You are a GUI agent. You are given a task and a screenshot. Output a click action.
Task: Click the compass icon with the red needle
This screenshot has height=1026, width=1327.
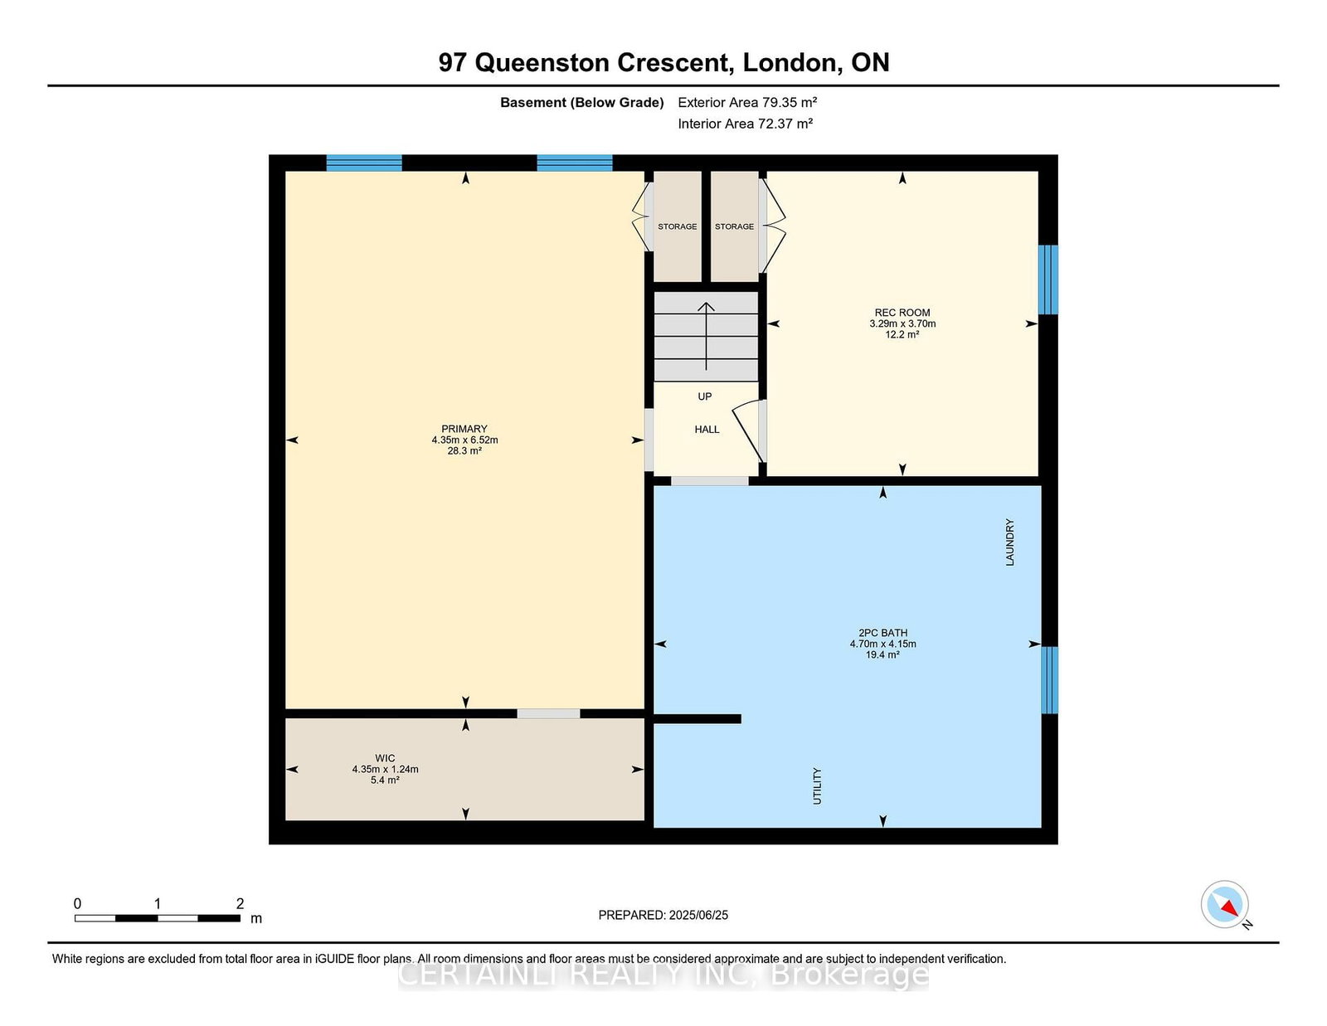click(1224, 904)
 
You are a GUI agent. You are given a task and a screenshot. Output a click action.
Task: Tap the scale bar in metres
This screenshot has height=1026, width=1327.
click(158, 918)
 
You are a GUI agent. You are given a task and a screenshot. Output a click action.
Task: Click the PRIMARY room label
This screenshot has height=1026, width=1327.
click(464, 429)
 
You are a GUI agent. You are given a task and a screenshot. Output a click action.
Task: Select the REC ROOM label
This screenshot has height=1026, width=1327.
click(902, 313)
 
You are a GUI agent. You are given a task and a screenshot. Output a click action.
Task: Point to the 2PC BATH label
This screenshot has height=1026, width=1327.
click(882, 633)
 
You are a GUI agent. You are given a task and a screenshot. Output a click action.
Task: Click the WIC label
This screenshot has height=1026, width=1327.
click(385, 758)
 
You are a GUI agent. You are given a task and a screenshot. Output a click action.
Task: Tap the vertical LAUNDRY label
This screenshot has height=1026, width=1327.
click(1009, 542)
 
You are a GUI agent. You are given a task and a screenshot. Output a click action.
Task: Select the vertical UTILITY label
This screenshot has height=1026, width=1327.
click(817, 786)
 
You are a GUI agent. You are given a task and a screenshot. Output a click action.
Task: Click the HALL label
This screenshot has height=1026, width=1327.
click(707, 430)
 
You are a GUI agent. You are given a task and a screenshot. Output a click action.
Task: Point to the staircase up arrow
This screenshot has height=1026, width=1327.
click(706, 336)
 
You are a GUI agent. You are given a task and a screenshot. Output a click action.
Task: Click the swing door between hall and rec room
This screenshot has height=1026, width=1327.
click(748, 430)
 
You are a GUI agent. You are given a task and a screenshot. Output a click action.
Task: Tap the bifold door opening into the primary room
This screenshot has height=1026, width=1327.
click(639, 216)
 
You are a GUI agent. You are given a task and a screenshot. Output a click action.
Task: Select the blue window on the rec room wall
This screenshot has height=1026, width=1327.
click(1048, 280)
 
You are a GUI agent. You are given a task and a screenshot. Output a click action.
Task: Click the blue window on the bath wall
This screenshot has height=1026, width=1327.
click(1049, 680)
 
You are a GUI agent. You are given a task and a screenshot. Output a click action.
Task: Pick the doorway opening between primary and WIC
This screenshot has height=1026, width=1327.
click(548, 713)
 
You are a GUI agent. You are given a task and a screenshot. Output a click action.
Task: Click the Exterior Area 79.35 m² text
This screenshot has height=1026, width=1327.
click(747, 102)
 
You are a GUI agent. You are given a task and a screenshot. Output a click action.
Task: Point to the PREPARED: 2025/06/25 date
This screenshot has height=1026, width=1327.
click(663, 915)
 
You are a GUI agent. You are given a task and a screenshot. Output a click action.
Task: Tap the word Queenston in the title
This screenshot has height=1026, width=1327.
click(542, 62)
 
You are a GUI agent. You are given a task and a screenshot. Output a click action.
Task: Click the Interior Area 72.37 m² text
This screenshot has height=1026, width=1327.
click(745, 124)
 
